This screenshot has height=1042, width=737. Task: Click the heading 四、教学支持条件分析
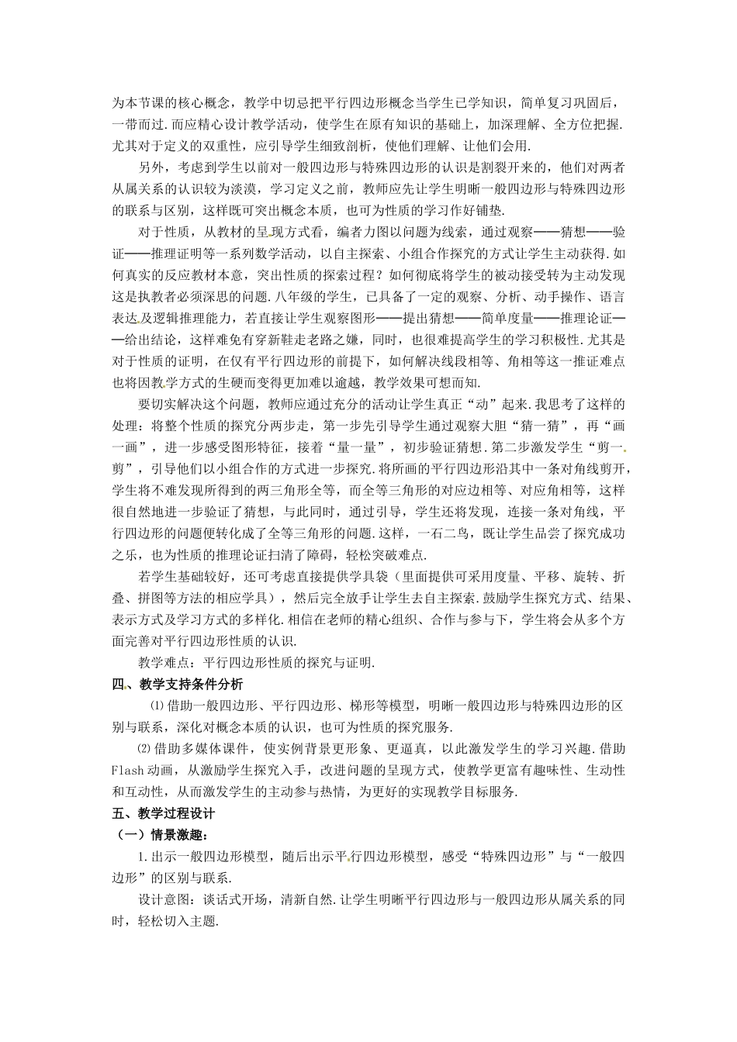[177, 684]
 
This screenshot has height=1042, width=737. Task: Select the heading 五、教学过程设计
[163, 814]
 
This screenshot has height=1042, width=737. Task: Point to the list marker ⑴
[155, 706]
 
